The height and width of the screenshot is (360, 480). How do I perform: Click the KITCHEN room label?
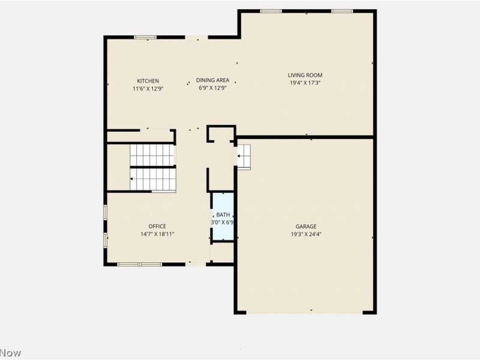coord(148,81)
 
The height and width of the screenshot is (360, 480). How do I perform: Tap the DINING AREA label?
coord(212,80)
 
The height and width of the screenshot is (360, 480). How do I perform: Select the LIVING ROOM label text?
coord(305,75)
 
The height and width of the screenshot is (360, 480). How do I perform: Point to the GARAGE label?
coord(306,227)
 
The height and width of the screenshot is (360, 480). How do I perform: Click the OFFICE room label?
coord(157,226)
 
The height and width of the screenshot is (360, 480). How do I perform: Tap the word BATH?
coord(223,215)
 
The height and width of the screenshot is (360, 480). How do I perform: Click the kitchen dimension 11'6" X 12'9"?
coord(148,89)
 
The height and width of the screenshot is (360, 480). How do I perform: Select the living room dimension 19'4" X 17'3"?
coord(305,83)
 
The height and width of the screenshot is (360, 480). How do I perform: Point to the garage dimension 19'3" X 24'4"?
coord(306,235)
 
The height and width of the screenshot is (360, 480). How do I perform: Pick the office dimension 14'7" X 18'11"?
coord(157,234)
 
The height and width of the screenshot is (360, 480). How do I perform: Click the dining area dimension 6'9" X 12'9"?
coord(212,88)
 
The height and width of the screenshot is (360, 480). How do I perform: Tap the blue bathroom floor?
coord(223,217)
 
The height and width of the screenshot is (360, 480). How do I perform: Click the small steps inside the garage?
coord(244,157)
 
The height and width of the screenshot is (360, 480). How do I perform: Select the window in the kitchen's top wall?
coord(145,37)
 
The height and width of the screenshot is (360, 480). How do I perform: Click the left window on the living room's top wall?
coord(271,11)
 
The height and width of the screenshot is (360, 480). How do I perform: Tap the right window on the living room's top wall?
coord(342,11)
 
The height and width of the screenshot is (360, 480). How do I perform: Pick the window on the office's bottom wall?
coord(140,264)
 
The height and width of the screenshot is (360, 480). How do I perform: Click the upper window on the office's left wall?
coord(106,212)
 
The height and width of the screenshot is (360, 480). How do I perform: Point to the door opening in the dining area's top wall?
coord(197,37)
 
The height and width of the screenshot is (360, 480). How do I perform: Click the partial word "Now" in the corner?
coord(10,353)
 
